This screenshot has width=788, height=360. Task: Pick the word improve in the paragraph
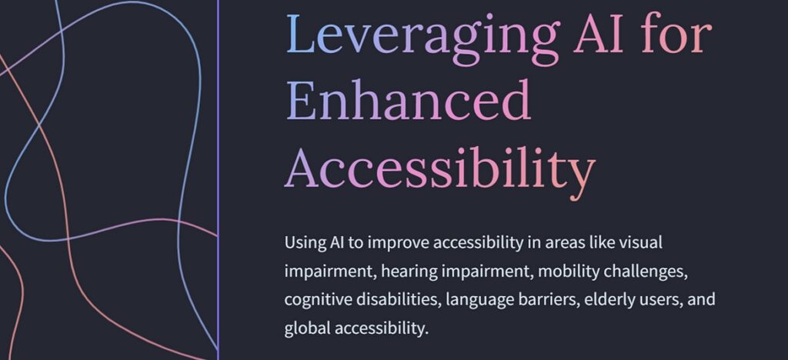tap(398, 245)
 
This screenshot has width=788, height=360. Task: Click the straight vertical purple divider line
tap(218, 180)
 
